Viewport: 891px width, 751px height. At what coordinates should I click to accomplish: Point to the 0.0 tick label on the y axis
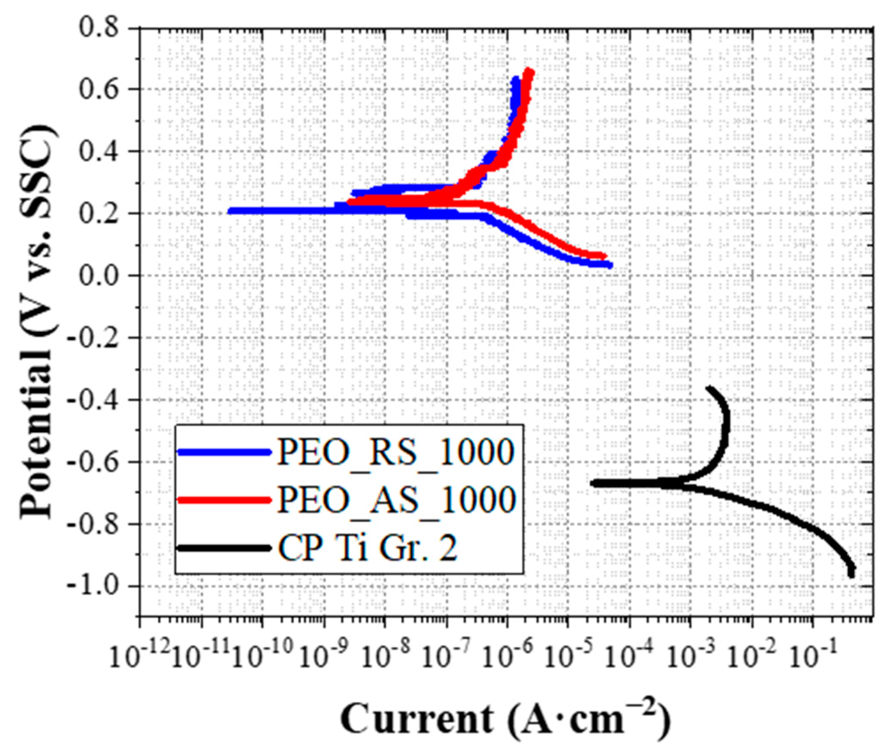click(100, 275)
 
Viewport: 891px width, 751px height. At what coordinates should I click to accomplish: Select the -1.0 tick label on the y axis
click(95, 586)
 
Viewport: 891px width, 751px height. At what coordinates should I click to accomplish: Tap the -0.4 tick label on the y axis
click(95, 400)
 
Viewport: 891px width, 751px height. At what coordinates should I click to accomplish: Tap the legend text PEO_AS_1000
click(395, 500)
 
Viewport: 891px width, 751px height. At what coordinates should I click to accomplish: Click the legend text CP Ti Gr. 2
click(368, 548)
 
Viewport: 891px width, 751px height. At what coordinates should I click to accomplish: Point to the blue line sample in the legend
click(225, 452)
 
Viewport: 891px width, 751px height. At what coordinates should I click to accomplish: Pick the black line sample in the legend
click(225, 548)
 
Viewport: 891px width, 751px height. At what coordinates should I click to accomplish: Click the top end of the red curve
click(530, 71)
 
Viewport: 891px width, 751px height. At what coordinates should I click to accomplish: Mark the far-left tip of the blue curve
click(230, 211)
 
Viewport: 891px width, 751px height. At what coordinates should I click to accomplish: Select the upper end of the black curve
click(709, 388)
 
